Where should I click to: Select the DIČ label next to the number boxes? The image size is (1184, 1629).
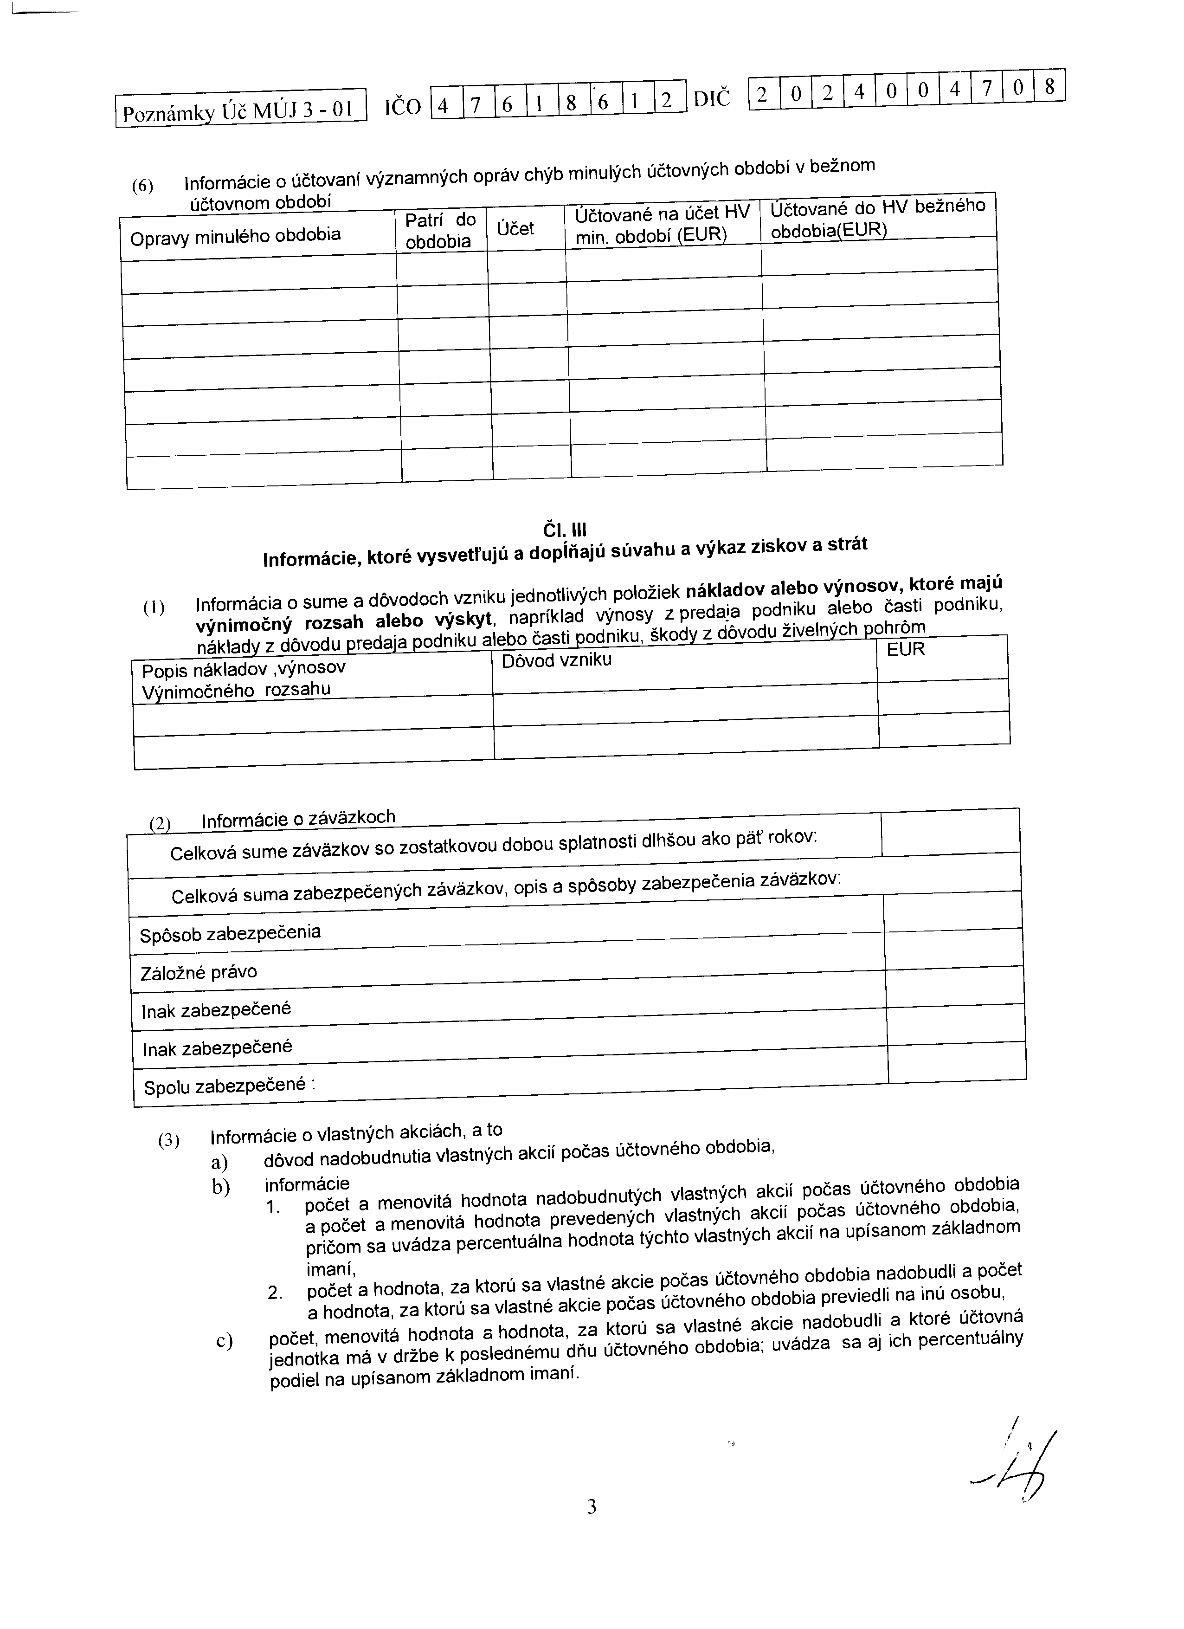coord(712,99)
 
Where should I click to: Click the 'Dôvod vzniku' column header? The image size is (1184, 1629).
coord(556,660)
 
